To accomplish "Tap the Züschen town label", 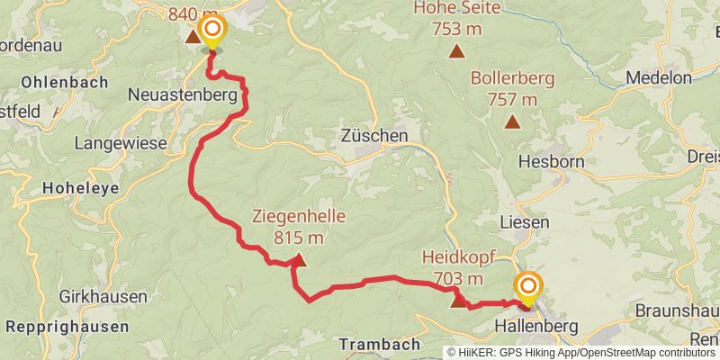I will coord(374,136).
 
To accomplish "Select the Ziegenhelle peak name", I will coord(299,217).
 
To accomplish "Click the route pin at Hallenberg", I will coord(527,288).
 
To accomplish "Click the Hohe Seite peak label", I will coord(457,9).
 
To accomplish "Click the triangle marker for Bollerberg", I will coord(512,121).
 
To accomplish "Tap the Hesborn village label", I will coord(552,162).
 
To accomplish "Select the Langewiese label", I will coord(121,142).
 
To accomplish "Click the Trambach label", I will coord(380,344).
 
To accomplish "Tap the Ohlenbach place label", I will coord(64,81).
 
